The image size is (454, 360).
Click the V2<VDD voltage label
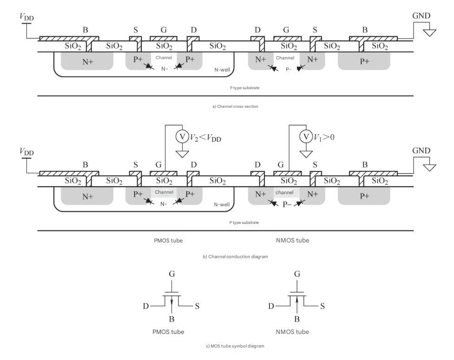tap(205, 137)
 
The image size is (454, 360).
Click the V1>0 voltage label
tap(324, 137)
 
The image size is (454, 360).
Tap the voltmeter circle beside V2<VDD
tap(183, 136)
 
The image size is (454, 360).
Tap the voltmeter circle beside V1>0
tap(306, 136)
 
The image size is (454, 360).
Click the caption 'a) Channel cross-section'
tap(235, 106)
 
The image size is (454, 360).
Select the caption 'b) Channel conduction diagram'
tap(235, 256)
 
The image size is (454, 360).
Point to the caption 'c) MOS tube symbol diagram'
tap(235, 346)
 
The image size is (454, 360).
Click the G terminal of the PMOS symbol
tap(171, 274)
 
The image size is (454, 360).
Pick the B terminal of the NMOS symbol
tap(297, 319)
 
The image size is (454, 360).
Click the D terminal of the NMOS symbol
tap(271, 306)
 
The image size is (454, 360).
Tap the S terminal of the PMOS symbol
tap(197, 306)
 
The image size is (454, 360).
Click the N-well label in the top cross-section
tap(222, 70)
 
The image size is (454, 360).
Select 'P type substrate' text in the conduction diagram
tap(244, 223)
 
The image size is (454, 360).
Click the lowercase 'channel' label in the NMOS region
tap(284, 192)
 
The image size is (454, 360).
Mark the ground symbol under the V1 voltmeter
tap(306, 154)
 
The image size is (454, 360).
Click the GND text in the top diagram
tap(421, 16)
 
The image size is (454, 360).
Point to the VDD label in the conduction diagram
tap(26, 151)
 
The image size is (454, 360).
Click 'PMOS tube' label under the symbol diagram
tap(168, 332)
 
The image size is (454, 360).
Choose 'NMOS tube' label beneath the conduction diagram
tap(292, 240)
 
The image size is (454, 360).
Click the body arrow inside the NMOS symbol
tap(297, 303)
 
